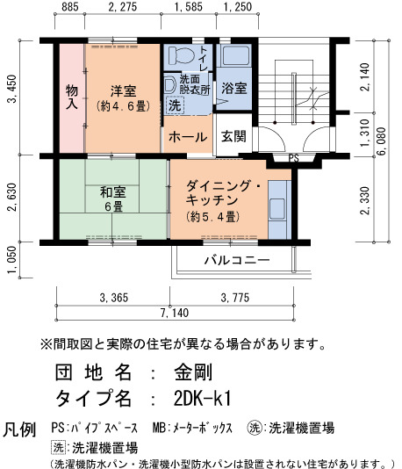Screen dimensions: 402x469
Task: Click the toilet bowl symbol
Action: (x=181, y=54)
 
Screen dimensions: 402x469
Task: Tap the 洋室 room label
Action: (x=123, y=90)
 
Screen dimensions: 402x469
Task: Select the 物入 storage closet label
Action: (x=72, y=97)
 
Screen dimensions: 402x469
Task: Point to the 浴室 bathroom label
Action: (x=234, y=88)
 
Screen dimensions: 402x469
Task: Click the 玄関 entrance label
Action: (x=233, y=136)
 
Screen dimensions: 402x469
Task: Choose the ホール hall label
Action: (x=188, y=137)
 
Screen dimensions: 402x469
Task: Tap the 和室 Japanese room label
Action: (x=112, y=192)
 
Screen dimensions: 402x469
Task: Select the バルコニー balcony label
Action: (x=237, y=260)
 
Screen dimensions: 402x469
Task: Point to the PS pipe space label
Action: (x=293, y=158)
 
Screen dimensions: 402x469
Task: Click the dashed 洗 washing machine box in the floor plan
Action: (x=175, y=105)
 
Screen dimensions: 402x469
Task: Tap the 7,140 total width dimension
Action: (x=175, y=313)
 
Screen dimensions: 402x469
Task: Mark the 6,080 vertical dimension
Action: (x=382, y=141)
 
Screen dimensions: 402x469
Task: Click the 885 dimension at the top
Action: (x=70, y=7)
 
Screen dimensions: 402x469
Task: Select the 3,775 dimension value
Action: (x=235, y=298)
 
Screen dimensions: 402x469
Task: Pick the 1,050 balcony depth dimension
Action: (x=11, y=260)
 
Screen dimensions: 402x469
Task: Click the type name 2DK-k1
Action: (x=203, y=398)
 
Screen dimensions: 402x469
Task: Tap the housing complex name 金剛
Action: (x=193, y=372)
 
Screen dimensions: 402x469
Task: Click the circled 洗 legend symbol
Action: (x=255, y=428)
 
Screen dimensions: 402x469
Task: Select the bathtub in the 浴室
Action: (x=236, y=56)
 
